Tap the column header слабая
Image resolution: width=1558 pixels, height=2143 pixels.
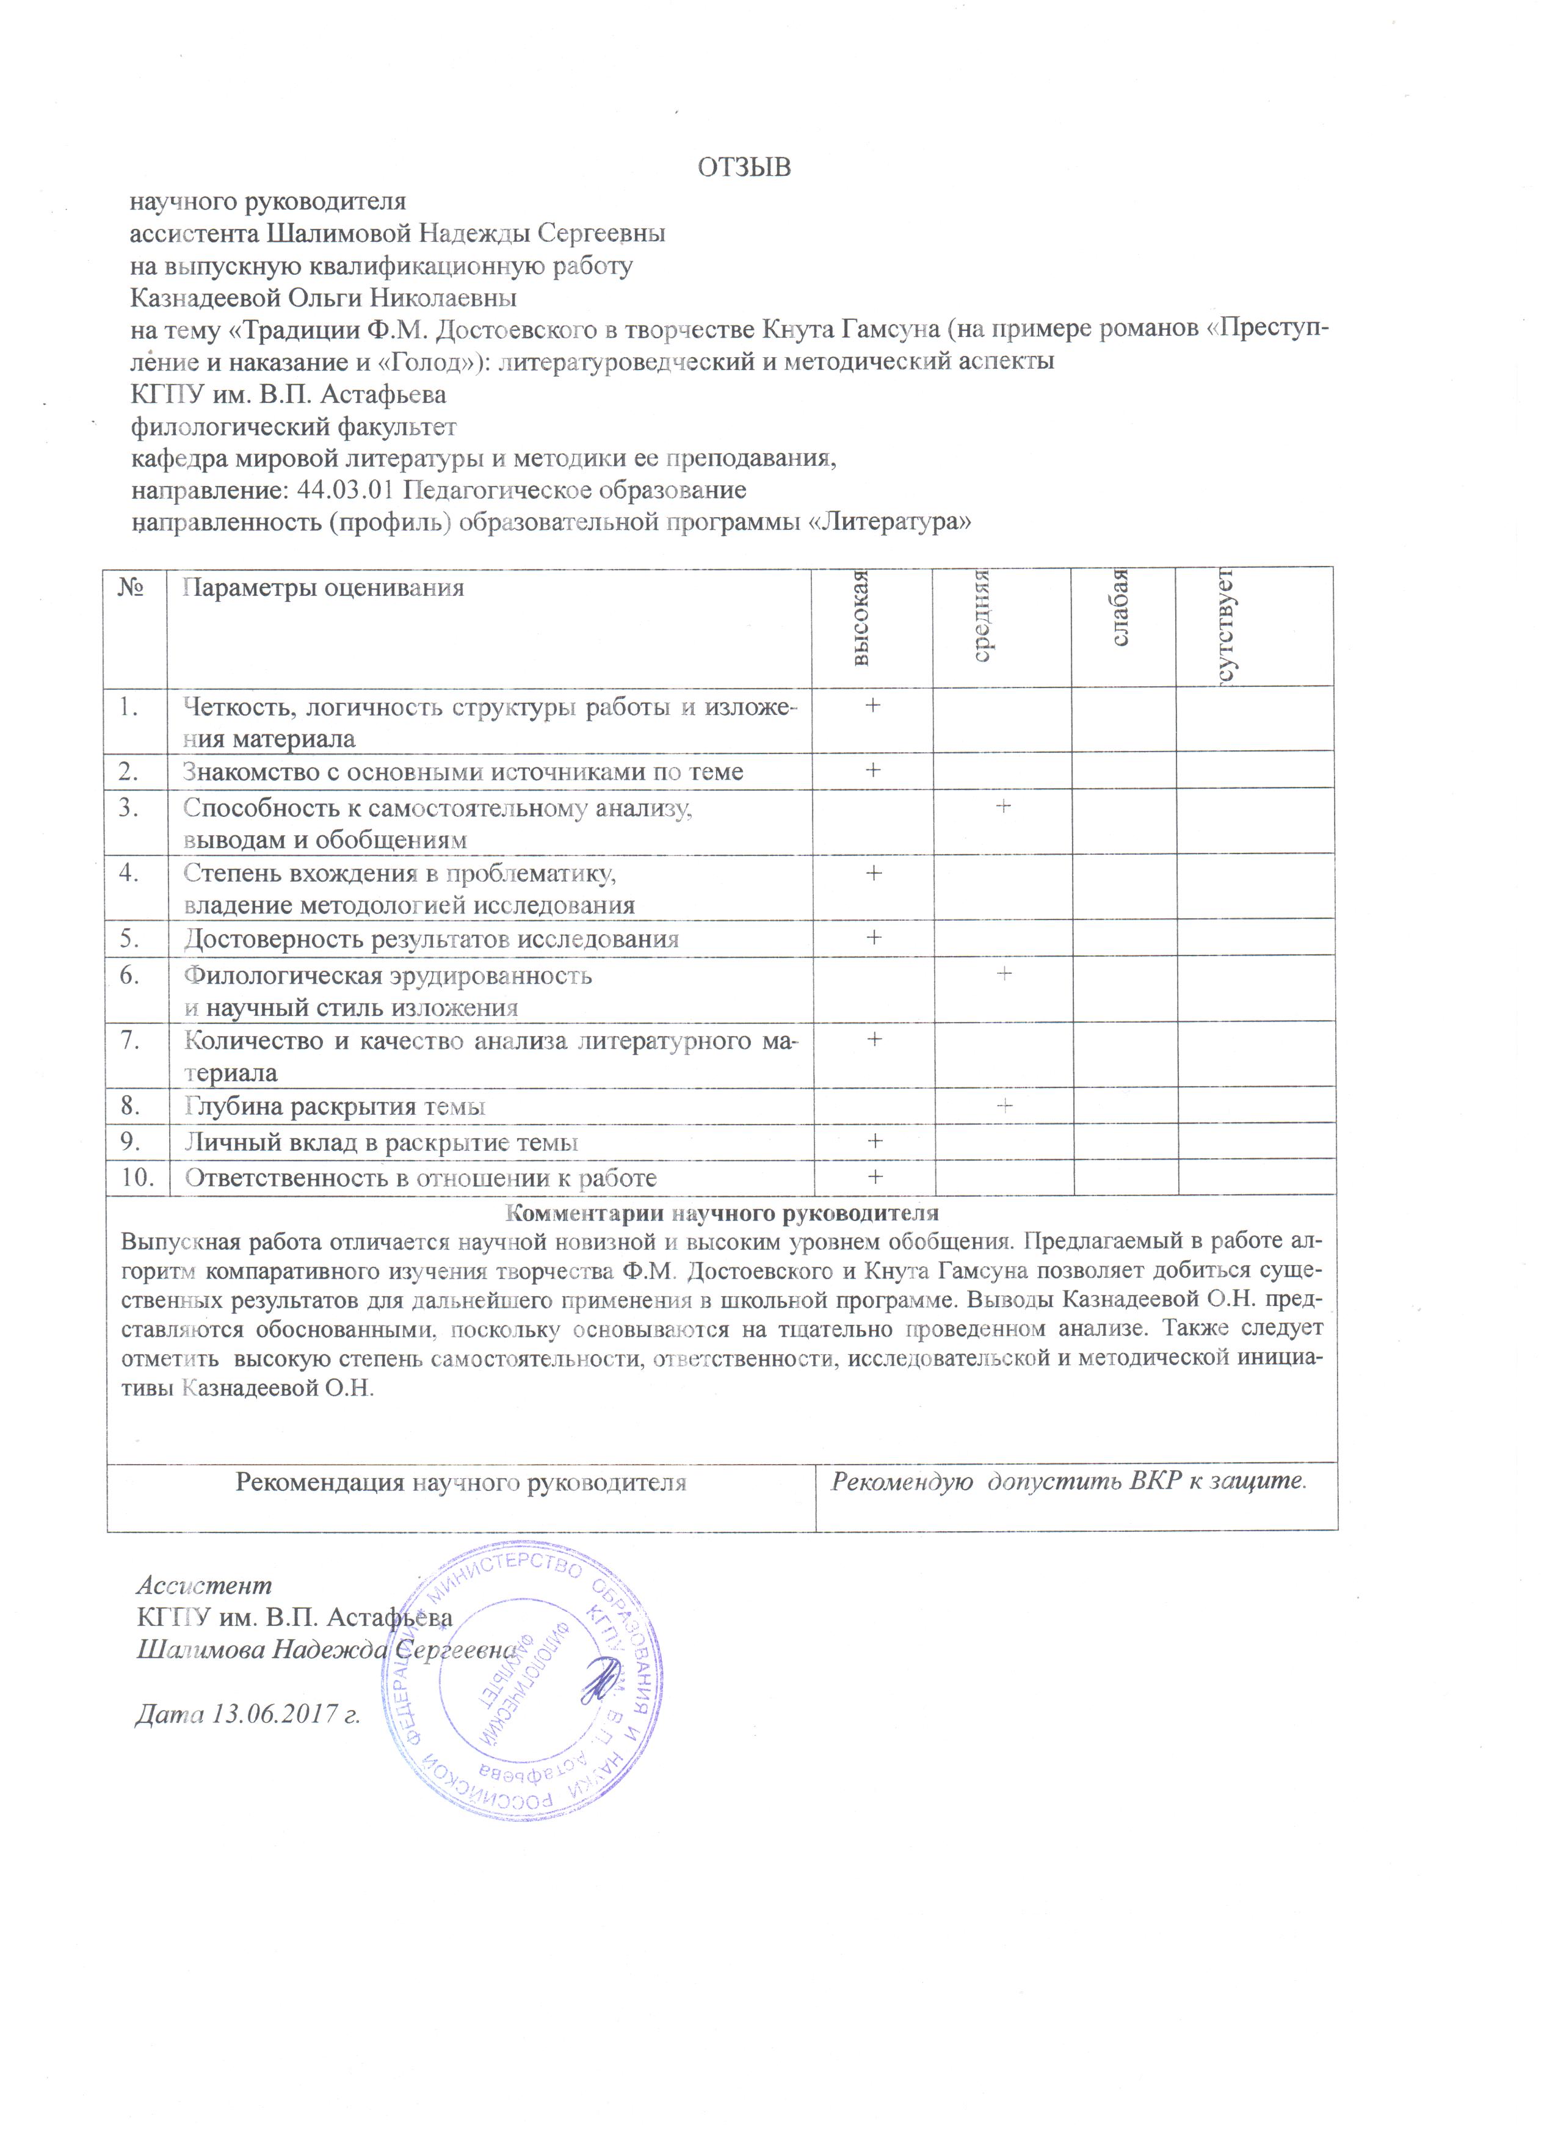click(x=1120, y=609)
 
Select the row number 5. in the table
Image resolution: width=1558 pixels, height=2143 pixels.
click(x=131, y=938)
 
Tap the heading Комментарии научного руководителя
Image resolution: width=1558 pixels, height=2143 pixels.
click(x=723, y=1213)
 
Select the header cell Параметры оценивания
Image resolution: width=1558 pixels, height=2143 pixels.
click(x=323, y=589)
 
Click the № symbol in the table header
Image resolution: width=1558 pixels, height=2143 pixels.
click(x=131, y=588)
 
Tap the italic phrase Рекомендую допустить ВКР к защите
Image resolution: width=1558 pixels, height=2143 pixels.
click(x=1068, y=1481)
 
